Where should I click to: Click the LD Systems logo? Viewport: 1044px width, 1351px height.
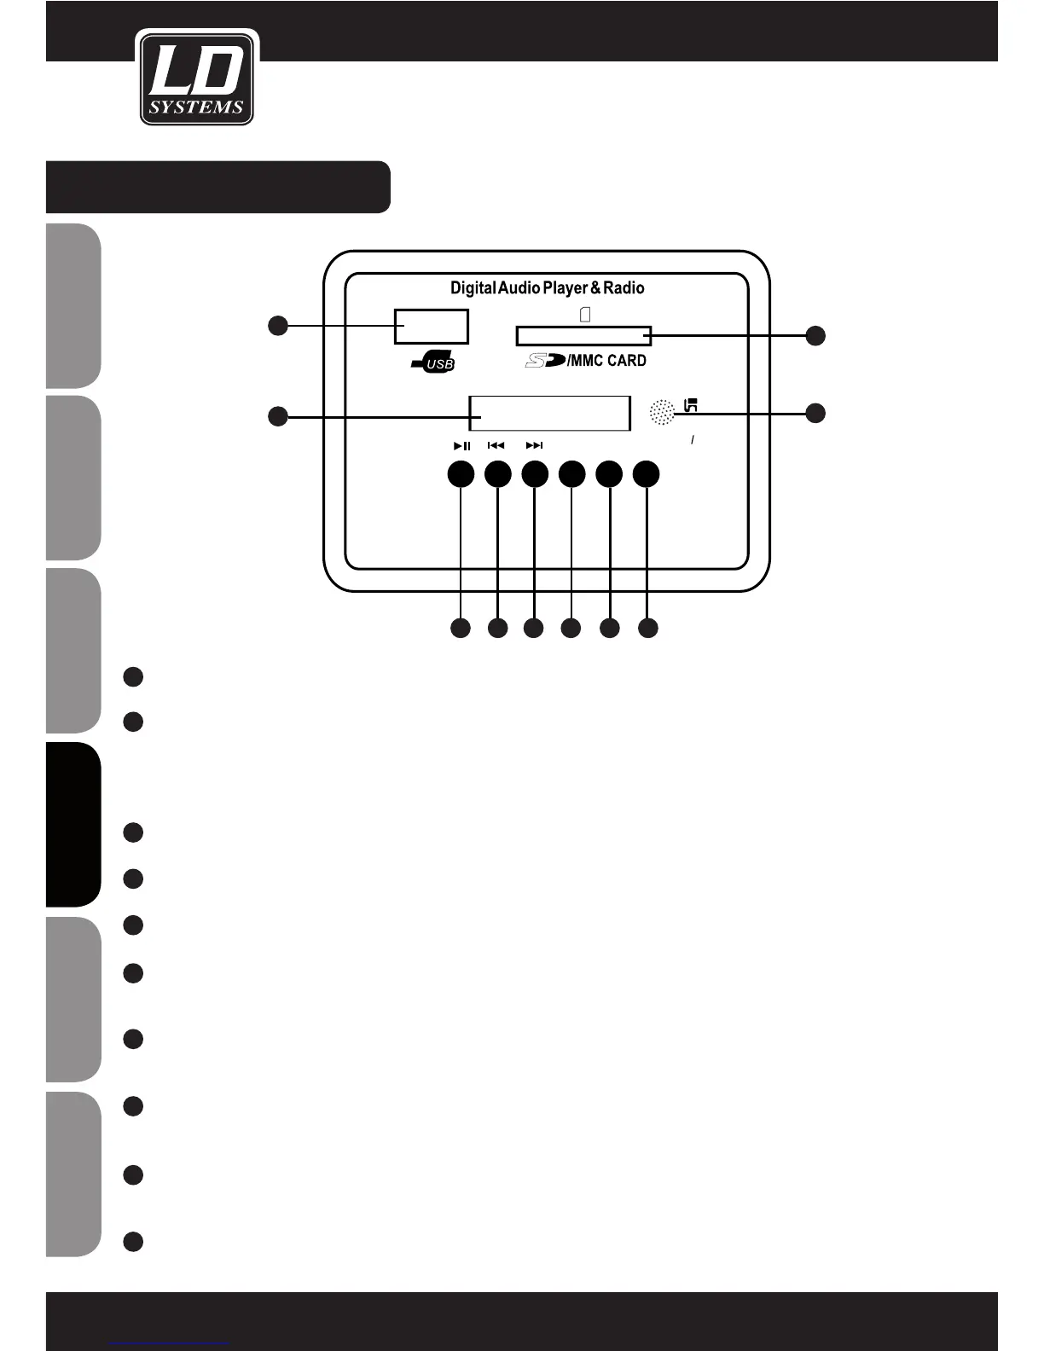pyautogui.click(x=197, y=78)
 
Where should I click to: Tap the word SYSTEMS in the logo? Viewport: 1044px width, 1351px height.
pyautogui.click(x=197, y=107)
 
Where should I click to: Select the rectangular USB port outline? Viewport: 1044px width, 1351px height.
pyautogui.click(x=431, y=327)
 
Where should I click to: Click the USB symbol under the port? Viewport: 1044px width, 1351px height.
pyautogui.click(x=433, y=364)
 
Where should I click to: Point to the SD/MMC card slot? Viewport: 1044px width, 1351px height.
pyautogui.click(x=583, y=336)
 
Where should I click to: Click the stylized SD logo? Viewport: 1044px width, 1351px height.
pyautogui.click(x=544, y=361)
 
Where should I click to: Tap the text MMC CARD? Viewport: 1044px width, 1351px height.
pyautogui.click(x=608, y=361)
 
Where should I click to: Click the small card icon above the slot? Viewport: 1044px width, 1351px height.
pyautogui.click(x=585, y=315)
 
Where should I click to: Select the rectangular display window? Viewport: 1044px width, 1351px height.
pyautogui.click(x=549, y=414)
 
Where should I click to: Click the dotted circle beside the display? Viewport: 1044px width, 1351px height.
pyautogui.click(x=662, y=413)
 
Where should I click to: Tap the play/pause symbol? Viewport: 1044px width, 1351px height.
pyautogui.click(x=461, y=445)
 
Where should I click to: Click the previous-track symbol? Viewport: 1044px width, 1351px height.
pyautogui.click(x=496, y=445)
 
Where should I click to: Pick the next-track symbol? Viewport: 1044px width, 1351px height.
pyautogui.click(x=534, y=445)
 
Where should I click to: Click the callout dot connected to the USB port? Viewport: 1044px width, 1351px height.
pyautogui.click(x=277, y=325)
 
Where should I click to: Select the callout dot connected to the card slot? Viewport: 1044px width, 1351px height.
pyautogui.click(x=815, y=335)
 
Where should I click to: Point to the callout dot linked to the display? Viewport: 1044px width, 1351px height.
pyautogui.click(x=277, y=416)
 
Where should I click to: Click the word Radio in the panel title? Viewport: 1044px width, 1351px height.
pyautogui.click(x=623, y=288)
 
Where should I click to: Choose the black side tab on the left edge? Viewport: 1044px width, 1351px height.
pyautogui.click(x=73, y=824)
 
